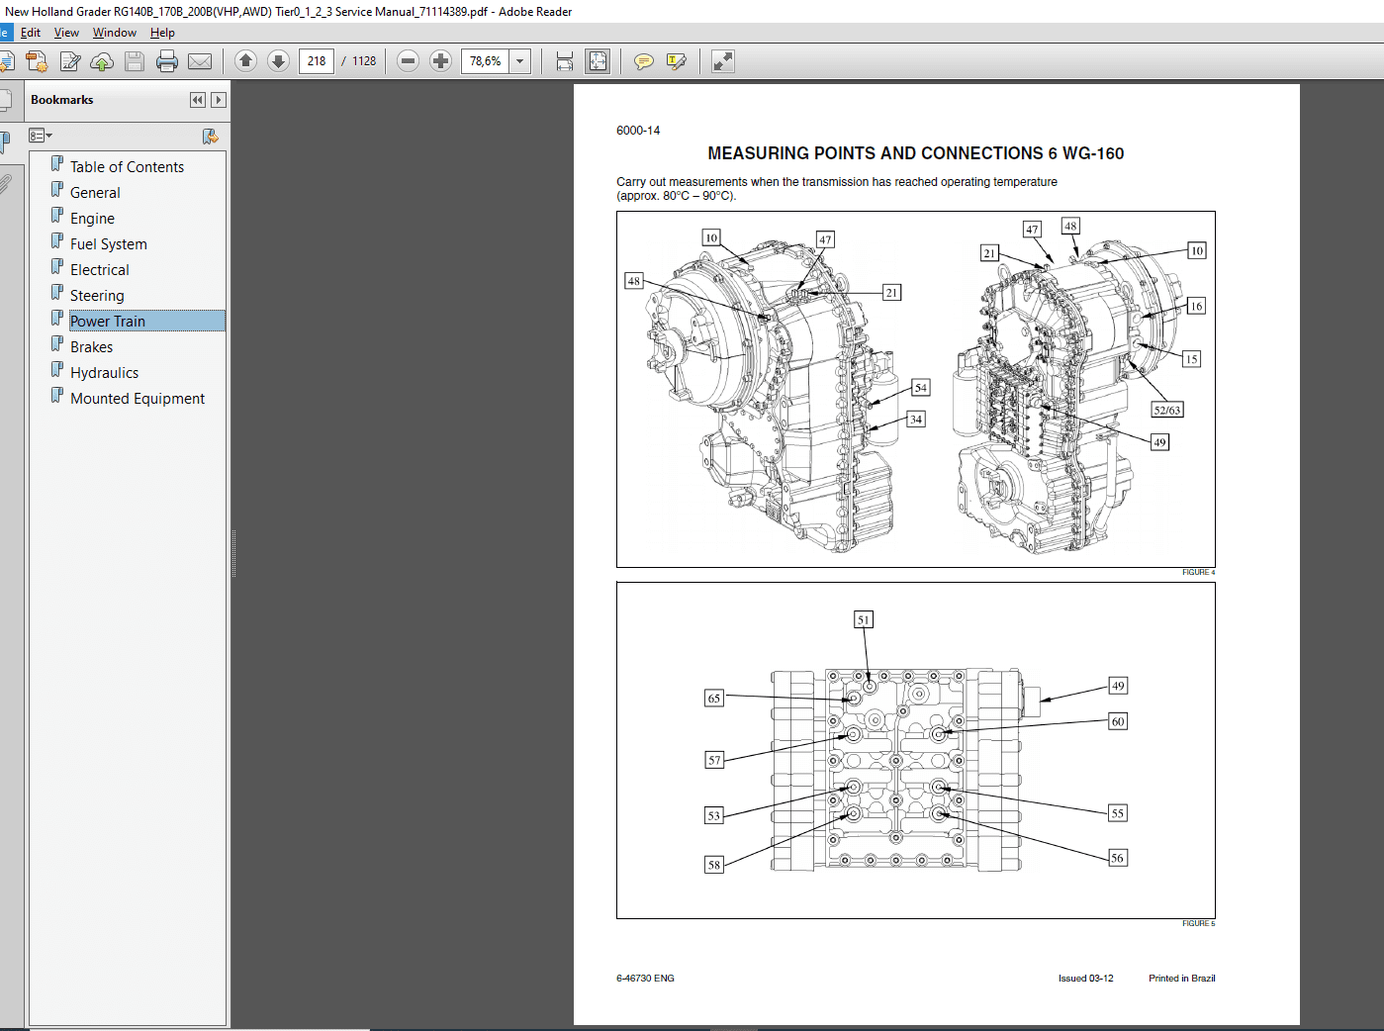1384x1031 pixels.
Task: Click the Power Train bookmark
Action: coord(108,322)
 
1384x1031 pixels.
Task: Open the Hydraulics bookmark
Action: coord(104,373)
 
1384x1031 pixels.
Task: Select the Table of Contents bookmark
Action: coord(127,167)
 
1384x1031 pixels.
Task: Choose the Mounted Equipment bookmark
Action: coord(138,399)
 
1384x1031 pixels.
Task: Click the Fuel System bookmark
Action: coord(108,244)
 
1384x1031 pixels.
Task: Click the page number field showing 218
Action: coord(317,61)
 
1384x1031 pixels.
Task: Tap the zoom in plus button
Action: coord(441,61)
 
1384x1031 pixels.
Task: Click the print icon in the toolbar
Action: coord(167,61)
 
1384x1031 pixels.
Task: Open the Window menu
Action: coord(115,33)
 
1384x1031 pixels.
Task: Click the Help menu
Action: coord(162,33)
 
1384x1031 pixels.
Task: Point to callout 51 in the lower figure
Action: coord(864,620)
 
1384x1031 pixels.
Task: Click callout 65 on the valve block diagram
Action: coord(714,699)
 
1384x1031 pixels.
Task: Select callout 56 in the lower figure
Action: coord(1117,858)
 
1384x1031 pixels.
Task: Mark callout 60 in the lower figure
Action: coord(1118,721)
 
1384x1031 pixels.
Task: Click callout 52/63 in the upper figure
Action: coord(1166,410)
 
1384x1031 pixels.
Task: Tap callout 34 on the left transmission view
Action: coord(916,420)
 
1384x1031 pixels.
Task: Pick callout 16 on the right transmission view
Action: coord(1196,306)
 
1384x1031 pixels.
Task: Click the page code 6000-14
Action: coord(638,131)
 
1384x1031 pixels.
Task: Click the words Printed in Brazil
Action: coord(1181,979)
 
